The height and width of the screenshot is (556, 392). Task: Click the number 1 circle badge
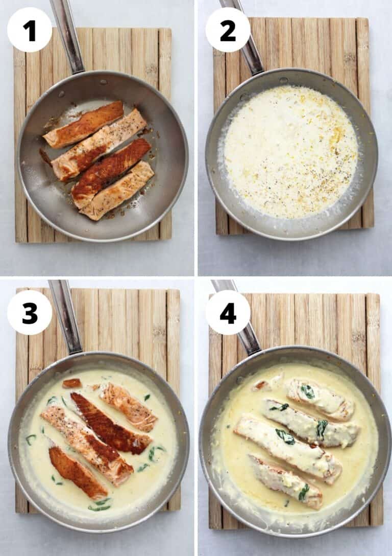(x=29, y=30)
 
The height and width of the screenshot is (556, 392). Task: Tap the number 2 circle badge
(x=228, y=30)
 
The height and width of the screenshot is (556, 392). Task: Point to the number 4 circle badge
(x=228, y=313)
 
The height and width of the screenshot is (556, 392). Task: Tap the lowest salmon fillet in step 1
(x=117, y=191)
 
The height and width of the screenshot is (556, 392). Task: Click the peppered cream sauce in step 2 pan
(x=291, y=153)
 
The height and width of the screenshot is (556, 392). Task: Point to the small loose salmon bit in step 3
(x=71, y=383)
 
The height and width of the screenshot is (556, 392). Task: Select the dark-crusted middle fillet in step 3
(x=110, y=423)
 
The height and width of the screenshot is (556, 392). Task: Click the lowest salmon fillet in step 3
(x=78, y=473)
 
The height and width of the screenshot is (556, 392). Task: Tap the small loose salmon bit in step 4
(x=261, y=385)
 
